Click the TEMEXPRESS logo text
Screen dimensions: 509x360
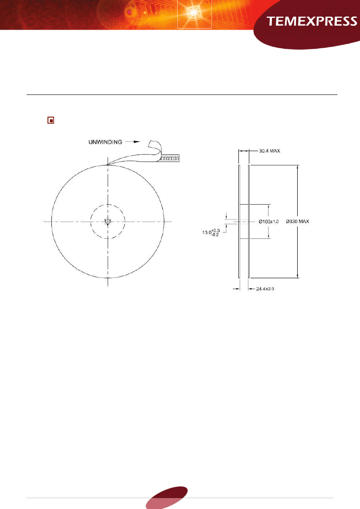312,22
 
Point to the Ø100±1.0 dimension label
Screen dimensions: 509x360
268,222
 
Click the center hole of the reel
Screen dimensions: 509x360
108,222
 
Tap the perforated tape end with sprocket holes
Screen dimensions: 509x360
170,159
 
